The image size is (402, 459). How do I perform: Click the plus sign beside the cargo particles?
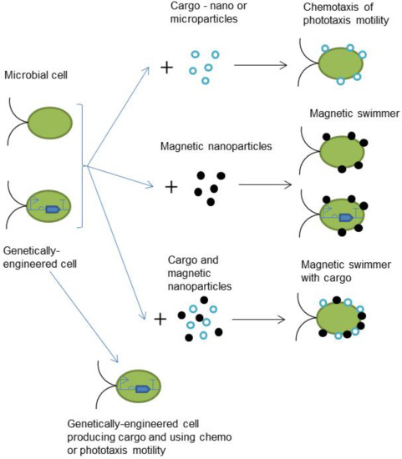click(x=167, y=66)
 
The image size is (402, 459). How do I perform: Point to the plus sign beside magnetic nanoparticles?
click(x=172, y=185)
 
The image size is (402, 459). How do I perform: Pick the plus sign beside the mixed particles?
click(x=160, y=319)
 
